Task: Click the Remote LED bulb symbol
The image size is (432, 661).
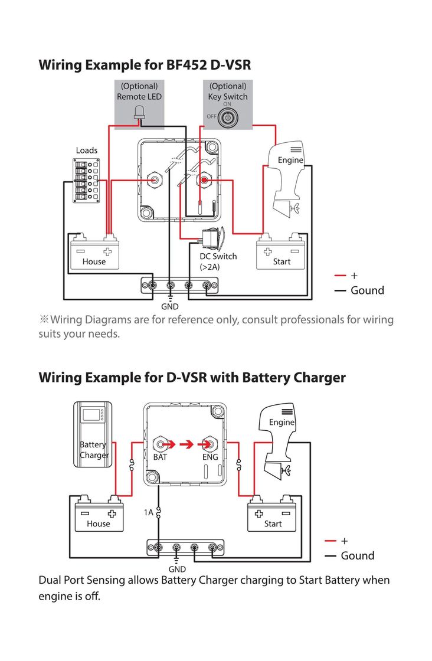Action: tap(139, 112)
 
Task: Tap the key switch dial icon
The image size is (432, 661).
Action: tap(227, 117)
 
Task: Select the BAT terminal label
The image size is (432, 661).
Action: tap(161, 457)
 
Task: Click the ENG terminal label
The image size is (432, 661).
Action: tap(210, 457)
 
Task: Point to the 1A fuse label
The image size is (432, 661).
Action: tap(149, 513)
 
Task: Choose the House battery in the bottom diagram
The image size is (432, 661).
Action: tap(99, 515)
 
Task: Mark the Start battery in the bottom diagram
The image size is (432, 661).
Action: tap(273, 515)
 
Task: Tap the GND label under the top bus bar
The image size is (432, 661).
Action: tap(170, 307)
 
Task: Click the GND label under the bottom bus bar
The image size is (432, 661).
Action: tap(177, 570)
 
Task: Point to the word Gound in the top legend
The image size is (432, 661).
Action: tap(367, 290)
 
